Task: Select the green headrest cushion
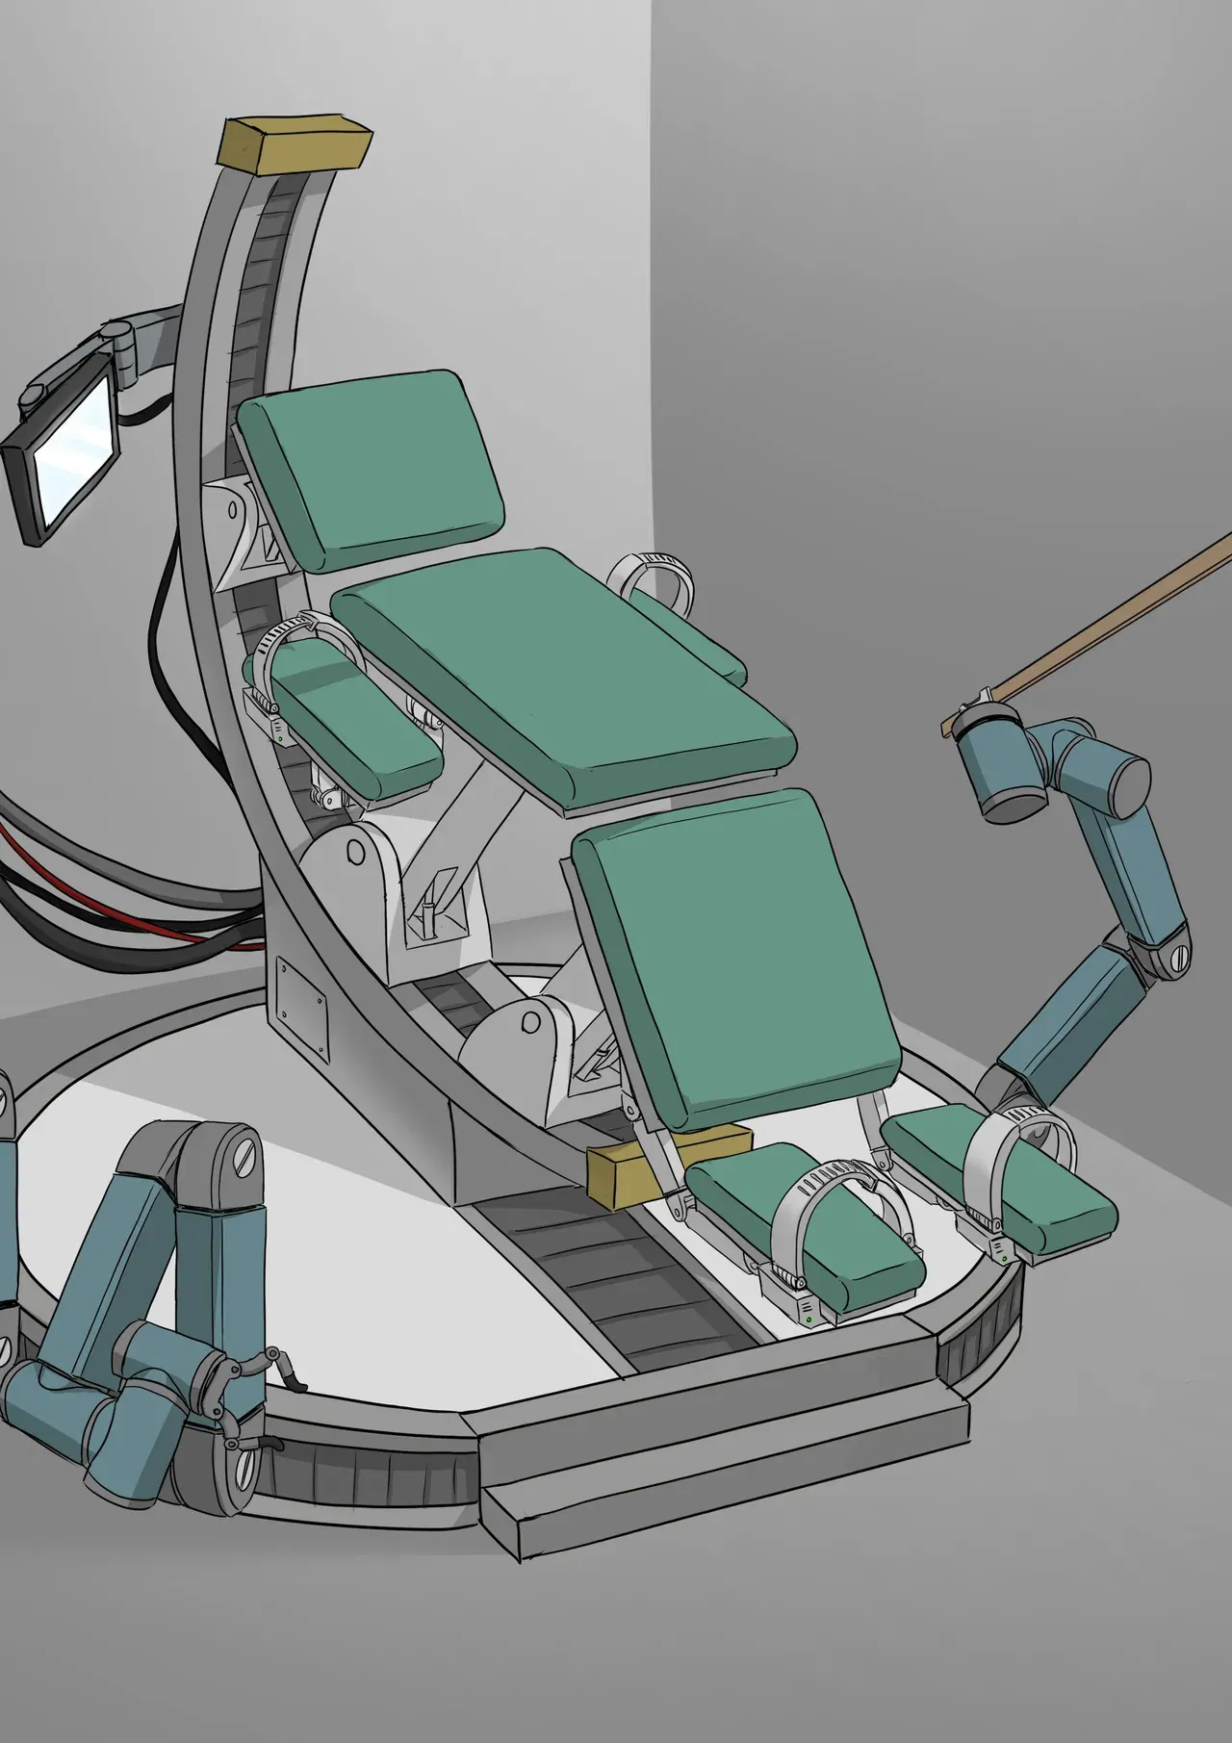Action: [x=372, y=469]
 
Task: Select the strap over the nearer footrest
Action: [x=837, y=1213]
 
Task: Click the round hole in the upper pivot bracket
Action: [x=355, y=852]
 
